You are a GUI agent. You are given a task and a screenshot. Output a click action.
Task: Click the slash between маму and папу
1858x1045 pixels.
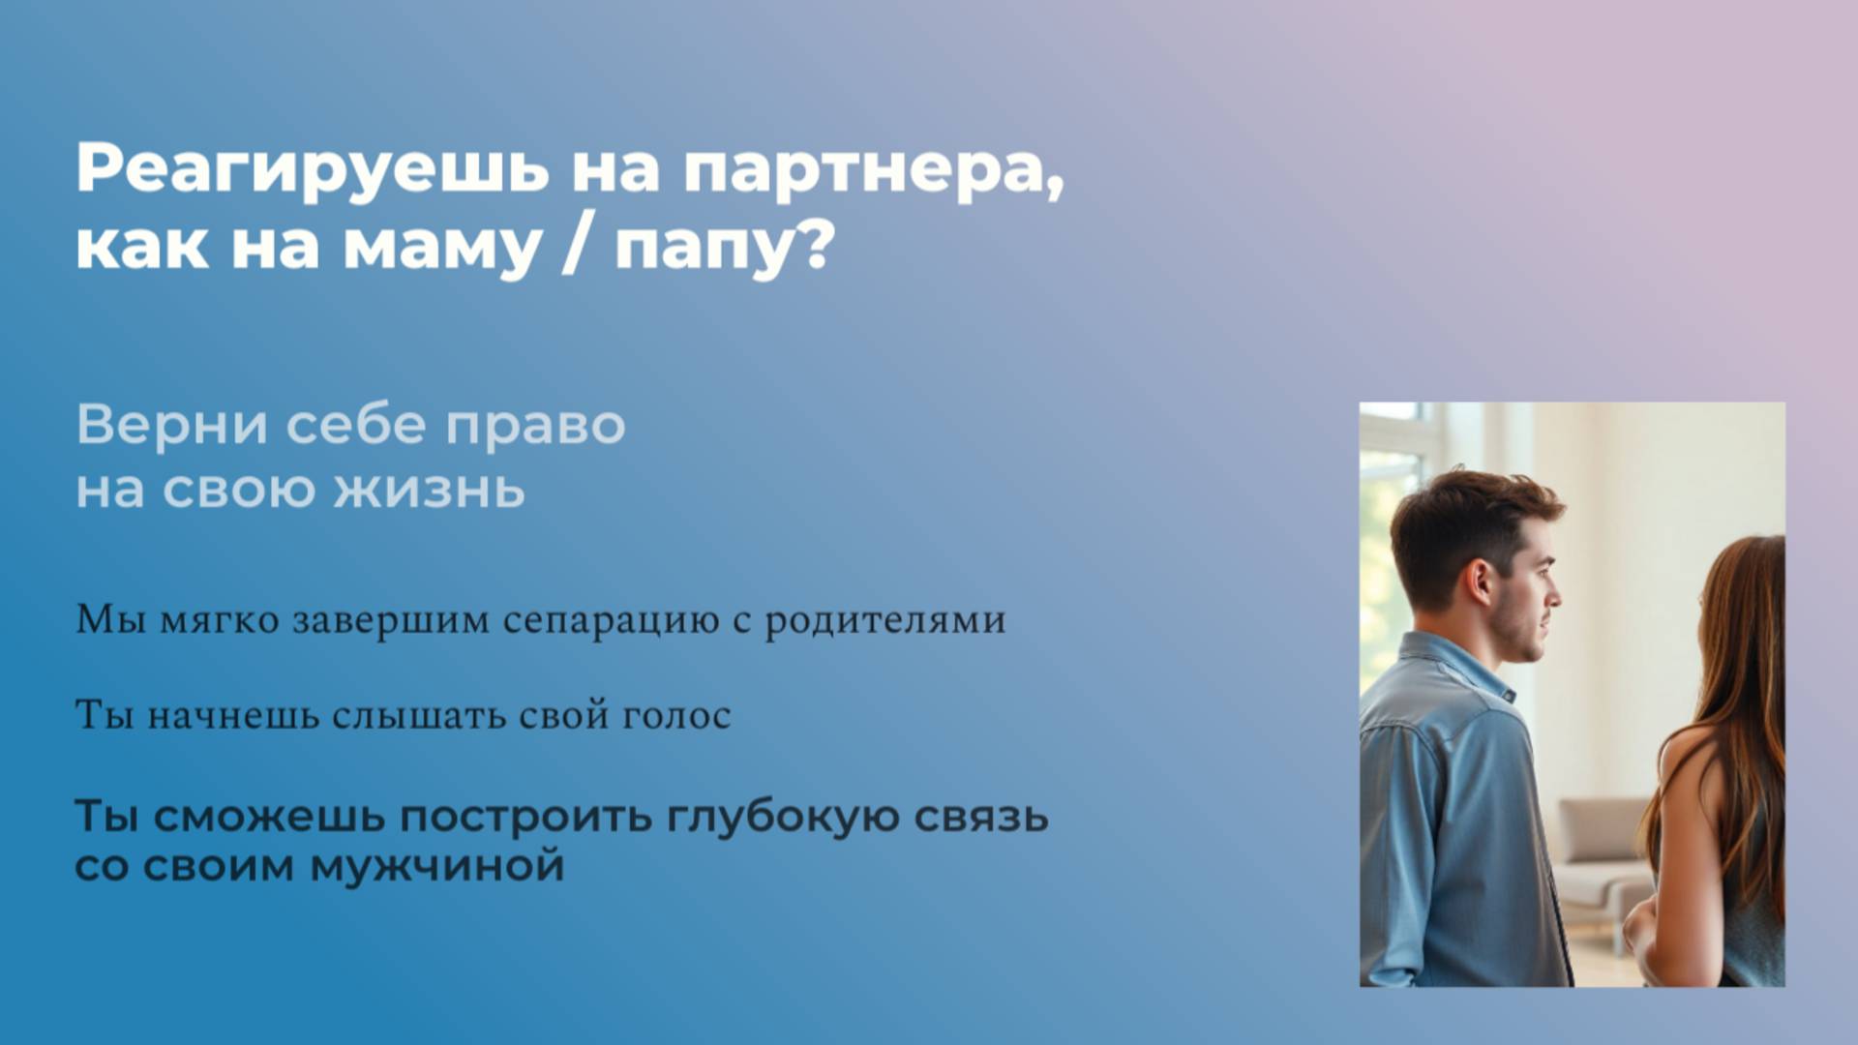click(577, 246)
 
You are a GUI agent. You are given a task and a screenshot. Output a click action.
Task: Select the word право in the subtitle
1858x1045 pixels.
click(535, 427)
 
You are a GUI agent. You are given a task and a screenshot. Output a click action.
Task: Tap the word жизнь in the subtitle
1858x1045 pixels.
click(430, 489)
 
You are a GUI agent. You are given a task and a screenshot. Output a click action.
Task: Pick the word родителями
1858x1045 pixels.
click(884, 620)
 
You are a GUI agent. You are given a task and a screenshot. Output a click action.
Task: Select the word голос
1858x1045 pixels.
click(676, 716)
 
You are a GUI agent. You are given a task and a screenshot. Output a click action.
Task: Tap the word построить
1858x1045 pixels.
click(526, 818)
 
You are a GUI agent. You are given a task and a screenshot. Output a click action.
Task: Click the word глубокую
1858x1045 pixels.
click(784, 818)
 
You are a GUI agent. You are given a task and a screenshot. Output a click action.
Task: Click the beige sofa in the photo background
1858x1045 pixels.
click(1597, 851)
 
